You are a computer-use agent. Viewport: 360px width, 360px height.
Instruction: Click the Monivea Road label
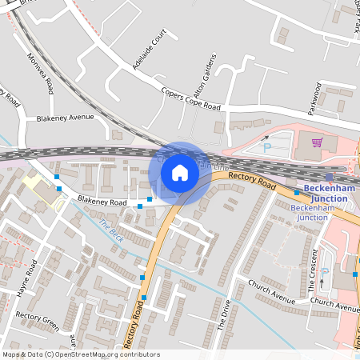pos(40,72)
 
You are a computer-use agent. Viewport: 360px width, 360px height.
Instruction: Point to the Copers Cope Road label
pos(190,99)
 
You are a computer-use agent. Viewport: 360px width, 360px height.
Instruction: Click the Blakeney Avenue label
pos(65,117)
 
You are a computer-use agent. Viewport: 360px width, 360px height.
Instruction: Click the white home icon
pos(180,172)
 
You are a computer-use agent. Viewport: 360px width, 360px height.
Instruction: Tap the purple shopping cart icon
pos(317,143)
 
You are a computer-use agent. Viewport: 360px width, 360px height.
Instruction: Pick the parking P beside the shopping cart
pos(268,147)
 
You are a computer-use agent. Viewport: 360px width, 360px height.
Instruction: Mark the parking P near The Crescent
pos(324,273)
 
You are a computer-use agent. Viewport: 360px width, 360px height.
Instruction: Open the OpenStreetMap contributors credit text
pos(81,354)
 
